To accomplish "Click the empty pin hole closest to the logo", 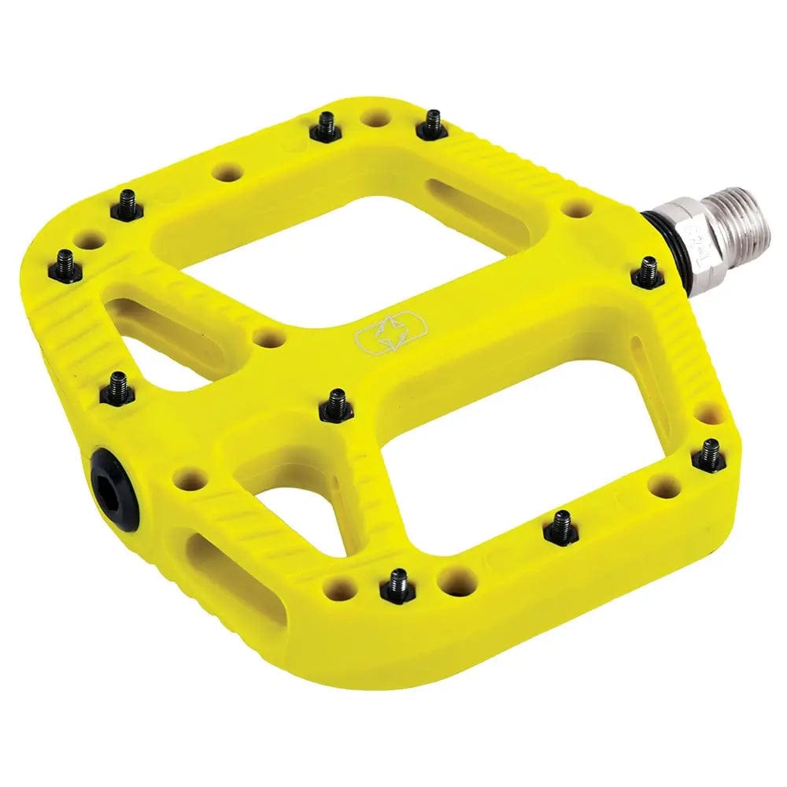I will pos(268,339).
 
